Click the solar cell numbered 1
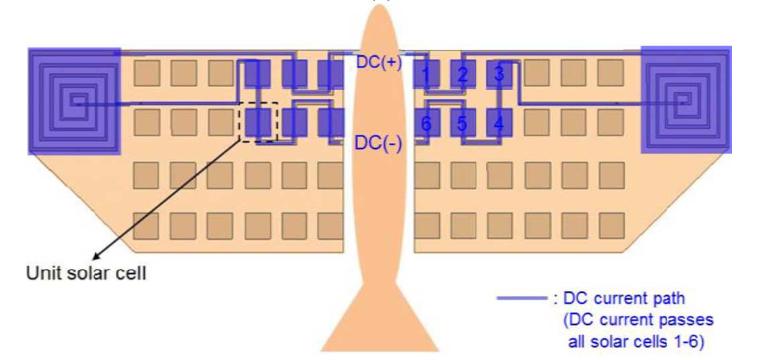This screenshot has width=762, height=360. (426, 74)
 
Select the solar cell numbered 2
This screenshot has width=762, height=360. (463, 74)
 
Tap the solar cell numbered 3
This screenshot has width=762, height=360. (499, 74)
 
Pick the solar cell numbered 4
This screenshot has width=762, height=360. (499, 123)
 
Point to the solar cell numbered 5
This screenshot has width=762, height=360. (463, 123)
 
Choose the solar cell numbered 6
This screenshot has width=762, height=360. (426, 123)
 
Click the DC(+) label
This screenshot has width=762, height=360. (379, 62)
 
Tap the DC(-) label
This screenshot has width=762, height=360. (379, 143)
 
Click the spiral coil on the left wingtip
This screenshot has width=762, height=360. (75, 98)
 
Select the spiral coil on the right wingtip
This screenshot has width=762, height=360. (686, 98)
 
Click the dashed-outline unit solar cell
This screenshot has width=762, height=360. (259, 122)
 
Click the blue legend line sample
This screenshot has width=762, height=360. (519, 297)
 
